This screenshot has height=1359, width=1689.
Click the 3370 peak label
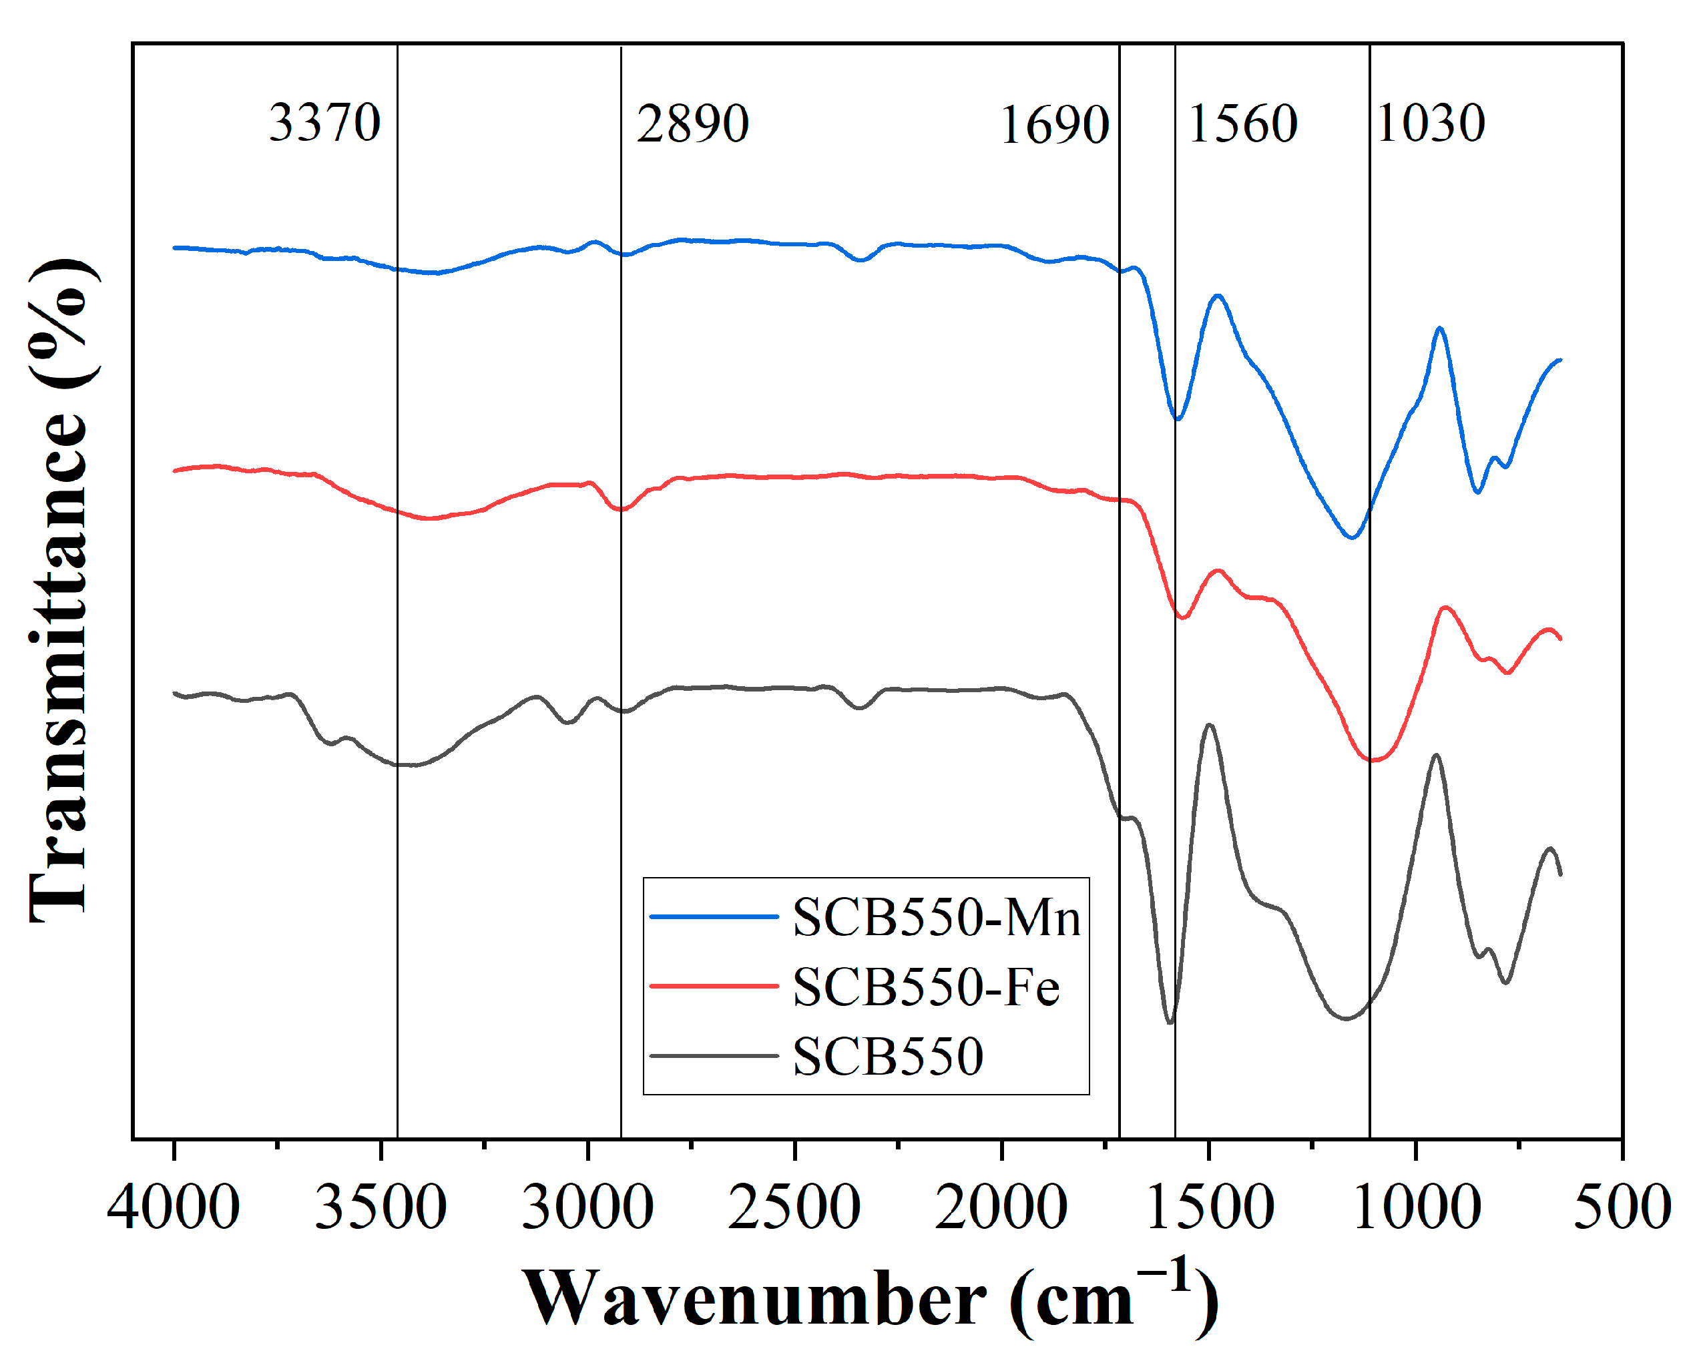click(324, 123)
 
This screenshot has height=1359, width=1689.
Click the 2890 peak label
click(692, 123)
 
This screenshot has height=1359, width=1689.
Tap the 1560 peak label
click(1242, 123)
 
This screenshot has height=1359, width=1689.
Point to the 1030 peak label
click(1431, 123)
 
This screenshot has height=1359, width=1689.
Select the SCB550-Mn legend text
click(936, 917)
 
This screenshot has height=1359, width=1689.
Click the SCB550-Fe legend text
click(926, 987)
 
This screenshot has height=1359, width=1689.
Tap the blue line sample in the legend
click(714, 916)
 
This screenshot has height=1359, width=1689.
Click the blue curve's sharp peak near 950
click(1440, 328)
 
